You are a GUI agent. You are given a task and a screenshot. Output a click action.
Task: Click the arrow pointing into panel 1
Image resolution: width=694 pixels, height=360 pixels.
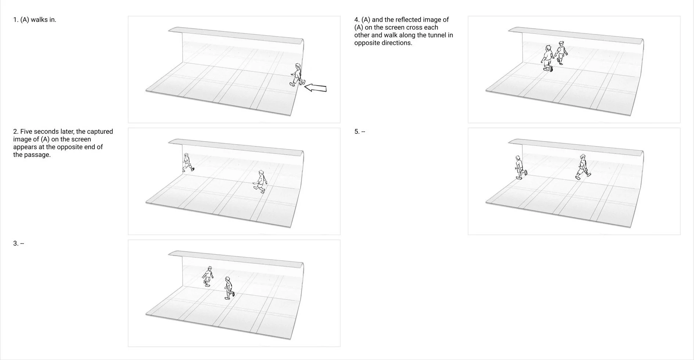[316, 88]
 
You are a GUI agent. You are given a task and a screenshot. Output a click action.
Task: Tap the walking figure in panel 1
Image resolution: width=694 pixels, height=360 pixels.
[296, 75]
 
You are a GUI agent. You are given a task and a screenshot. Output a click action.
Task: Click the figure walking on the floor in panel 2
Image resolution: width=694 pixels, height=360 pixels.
[260, 181]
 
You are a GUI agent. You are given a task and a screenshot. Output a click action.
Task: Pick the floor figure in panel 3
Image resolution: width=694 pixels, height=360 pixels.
[229, 288]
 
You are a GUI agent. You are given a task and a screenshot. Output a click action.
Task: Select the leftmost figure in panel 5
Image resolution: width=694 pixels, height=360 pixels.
[519, 168]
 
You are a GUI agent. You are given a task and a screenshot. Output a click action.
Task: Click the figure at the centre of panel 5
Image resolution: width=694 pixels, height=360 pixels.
[582, 167]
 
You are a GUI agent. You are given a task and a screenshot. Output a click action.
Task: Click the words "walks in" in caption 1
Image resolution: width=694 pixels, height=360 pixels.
[43, 20]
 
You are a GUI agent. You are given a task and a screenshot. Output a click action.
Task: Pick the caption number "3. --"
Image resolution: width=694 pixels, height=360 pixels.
[18, 244]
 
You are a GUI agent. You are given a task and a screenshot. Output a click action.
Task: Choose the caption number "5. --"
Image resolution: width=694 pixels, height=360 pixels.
[360, 132]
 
